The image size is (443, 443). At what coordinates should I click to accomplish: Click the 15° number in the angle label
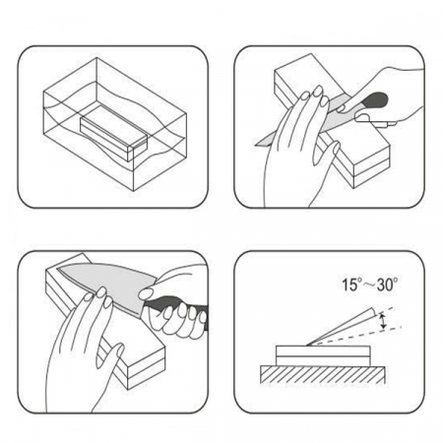[350, 285]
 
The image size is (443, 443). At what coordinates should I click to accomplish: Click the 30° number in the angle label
[387, 285]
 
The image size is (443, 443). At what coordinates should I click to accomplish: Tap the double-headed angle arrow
[382, 321]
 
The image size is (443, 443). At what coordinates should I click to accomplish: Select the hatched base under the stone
[323, 374]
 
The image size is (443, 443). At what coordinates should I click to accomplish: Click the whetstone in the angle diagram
[323, 355]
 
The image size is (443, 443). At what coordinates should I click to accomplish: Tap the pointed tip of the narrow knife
[256, 145]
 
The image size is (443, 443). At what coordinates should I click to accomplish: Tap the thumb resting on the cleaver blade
[148, 293]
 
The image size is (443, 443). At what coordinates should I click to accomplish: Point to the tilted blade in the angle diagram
[342, 327]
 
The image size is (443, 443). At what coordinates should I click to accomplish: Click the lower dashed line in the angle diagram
[356, 336]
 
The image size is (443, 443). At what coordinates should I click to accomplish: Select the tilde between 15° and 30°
[368, 285]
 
